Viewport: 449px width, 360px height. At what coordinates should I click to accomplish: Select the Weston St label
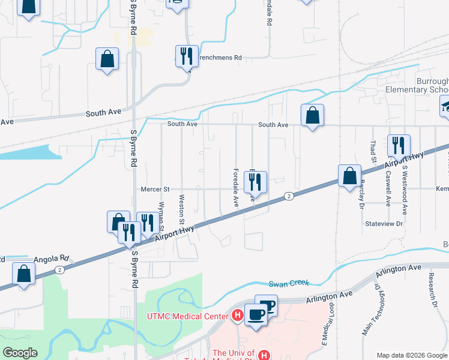point(181,205)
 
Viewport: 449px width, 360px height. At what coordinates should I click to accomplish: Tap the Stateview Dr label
point(384,223)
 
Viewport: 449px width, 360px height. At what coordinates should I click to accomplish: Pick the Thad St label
point(373,152)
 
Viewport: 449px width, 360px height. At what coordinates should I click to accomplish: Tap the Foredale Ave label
point(236,188)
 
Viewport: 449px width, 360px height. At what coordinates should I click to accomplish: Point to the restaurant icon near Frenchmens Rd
point(186,56)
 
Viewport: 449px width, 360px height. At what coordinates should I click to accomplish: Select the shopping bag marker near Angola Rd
point(23,274)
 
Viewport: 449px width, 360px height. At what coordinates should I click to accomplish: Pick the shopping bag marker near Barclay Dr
point(349,176)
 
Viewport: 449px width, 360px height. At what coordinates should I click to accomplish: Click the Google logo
point(20,353)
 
